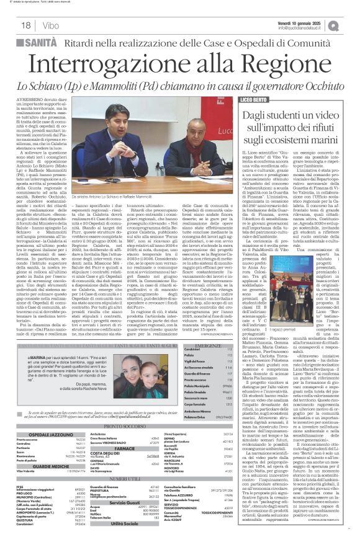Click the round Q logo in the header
pyautogui.click(x=351, y=23)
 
